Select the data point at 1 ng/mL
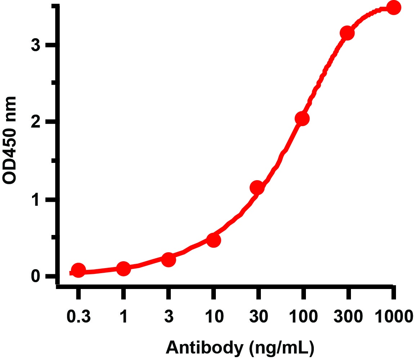click(x=123, y=268)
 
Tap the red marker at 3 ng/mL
click(x=168, y=259)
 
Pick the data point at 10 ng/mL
click(x=213, y=240)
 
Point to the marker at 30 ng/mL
click(x=257, y=188)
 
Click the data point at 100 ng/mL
click(x=302, y=119)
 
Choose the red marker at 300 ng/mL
click(x=347, y=33)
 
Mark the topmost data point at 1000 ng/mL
click(x=393, y=8)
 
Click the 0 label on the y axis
click(x=35, y=276)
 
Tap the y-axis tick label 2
click(x=35, y=123)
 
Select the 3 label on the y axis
click(x=35, y=46)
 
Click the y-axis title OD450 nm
click(x=10, y=141)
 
